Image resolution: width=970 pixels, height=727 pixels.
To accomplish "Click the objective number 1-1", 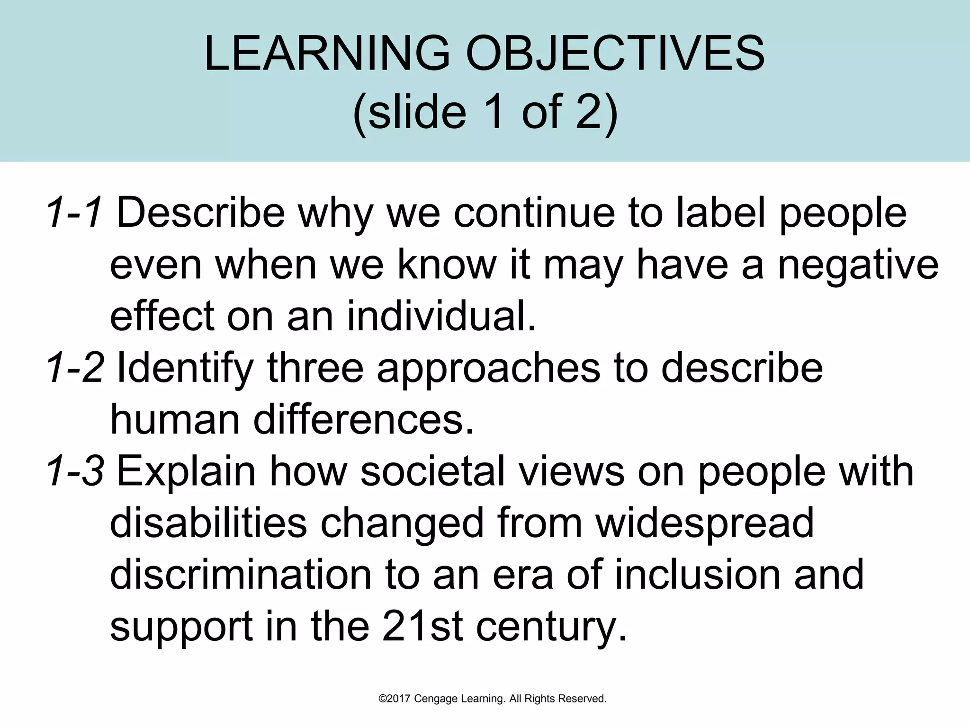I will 75,213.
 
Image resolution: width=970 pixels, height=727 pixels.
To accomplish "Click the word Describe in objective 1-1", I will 200,213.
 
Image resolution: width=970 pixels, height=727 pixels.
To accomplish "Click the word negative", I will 858,265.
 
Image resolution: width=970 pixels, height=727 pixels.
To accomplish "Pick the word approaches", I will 488,369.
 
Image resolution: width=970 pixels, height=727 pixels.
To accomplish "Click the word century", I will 551,627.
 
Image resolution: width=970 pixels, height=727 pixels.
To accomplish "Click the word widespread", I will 704,523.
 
